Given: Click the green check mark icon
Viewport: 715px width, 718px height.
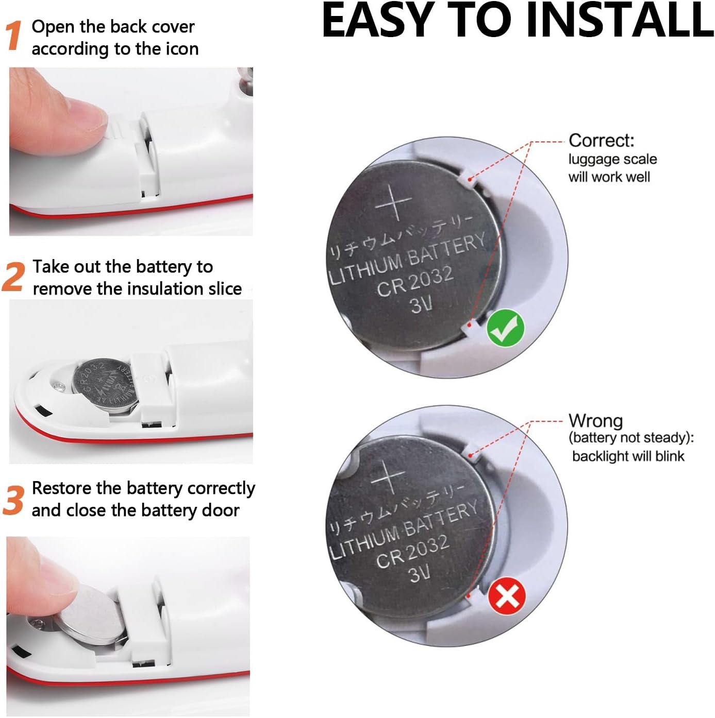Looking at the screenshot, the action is pos(505,328).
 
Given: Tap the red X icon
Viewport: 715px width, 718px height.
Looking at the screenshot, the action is pos(507,597).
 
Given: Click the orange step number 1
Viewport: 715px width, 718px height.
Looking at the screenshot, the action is pos(14,36).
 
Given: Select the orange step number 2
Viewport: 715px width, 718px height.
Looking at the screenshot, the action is pos(14,276).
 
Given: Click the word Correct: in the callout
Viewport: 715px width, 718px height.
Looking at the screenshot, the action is pos(601,141).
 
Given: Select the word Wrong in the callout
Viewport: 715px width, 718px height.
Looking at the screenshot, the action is pos(595,421).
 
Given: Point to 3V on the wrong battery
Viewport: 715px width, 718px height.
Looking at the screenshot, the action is pos(420,573).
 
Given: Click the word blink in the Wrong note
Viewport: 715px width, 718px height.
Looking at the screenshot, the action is pos(670,456).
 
